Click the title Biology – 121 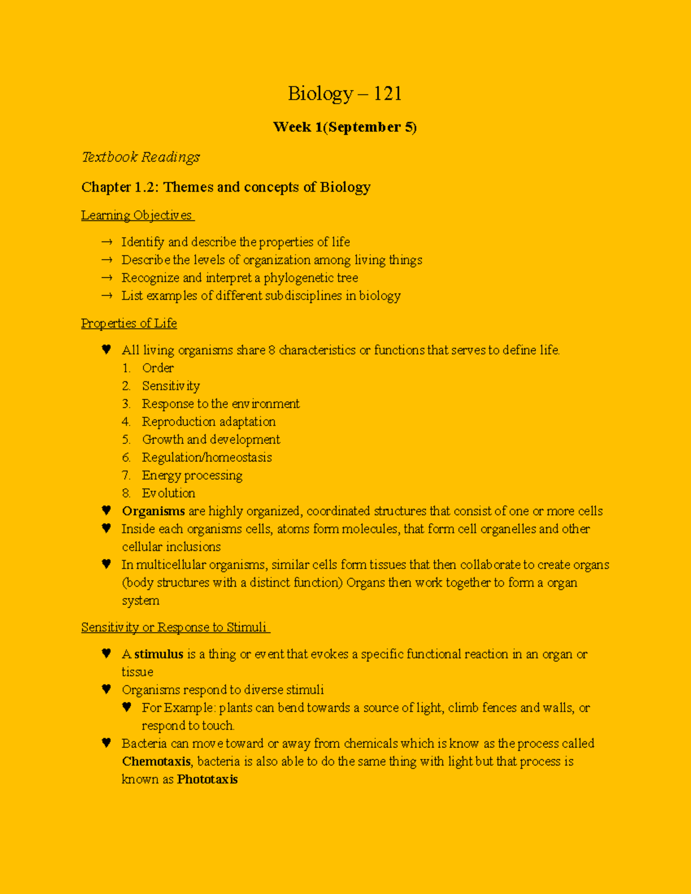[344, 93]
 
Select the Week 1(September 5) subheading [344, 127]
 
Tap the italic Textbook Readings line [141, 157]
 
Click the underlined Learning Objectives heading [138, 215]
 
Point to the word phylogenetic [302, 278]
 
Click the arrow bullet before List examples [107, 296]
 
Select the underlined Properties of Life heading [129, 324]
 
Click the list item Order [158, 368]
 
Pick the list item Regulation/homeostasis [207, 458]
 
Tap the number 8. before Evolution [126, 493]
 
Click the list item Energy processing [192, 475]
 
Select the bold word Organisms [153, 511]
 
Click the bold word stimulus [158, 655]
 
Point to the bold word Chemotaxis [156, 762]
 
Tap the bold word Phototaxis [207, 779]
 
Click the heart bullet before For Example [127, 707]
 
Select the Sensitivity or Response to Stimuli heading [175, 627]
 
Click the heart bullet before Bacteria [106, 743]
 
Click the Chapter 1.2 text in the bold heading [118, 187]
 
